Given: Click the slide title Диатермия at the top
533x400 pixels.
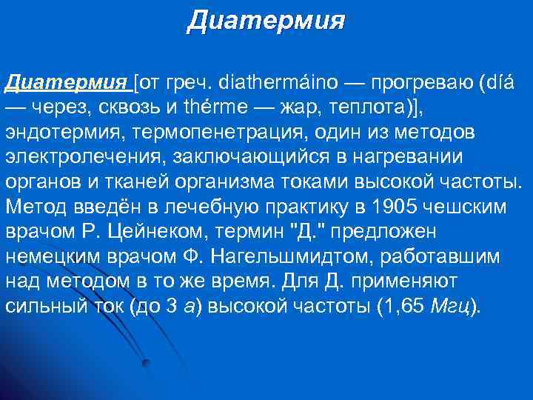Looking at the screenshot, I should point(266,19).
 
